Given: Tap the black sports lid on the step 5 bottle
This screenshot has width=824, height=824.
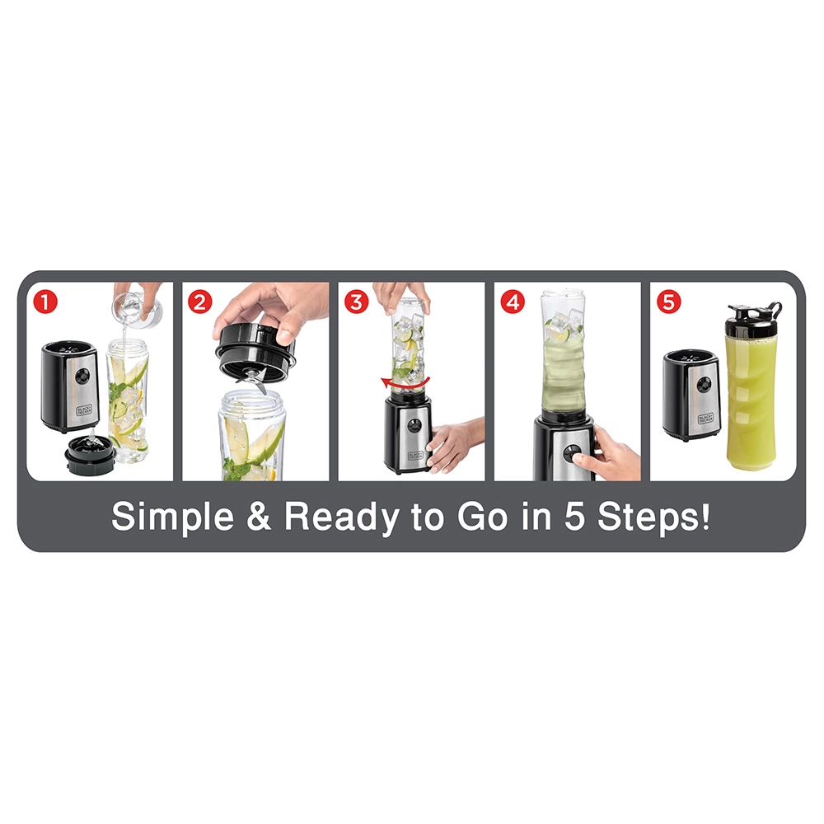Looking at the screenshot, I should pyautogui.click(x=754, y=313).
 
